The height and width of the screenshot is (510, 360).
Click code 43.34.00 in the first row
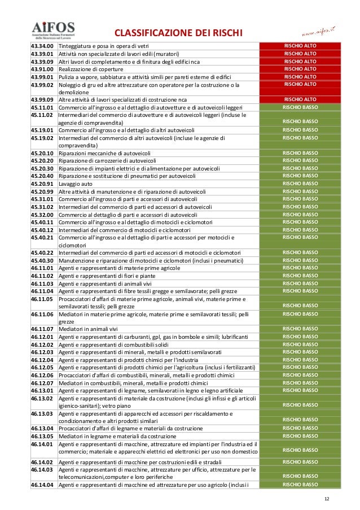click(x=42, y=46)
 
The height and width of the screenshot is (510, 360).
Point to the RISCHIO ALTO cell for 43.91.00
click(x=300, y=69)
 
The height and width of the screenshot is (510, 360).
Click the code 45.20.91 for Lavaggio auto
click(x=42, y=184)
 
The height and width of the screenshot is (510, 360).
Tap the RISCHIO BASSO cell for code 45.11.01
click(x=300, y=107)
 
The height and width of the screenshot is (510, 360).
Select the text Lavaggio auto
click(x=75, y=184)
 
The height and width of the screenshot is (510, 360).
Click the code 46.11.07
click(x=42, y=329)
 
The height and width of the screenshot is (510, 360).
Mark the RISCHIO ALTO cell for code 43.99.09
click(x=300, y=99)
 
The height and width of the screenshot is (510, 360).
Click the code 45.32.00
click(x=42, y=215)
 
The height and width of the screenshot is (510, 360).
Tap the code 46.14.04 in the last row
click(x=42, y=485)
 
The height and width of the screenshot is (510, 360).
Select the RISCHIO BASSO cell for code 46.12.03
click(x=300, y=352)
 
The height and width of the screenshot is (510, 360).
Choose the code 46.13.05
click(x=42, y=436)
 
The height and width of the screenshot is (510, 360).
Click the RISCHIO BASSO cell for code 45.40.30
click(x=300, y=260)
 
